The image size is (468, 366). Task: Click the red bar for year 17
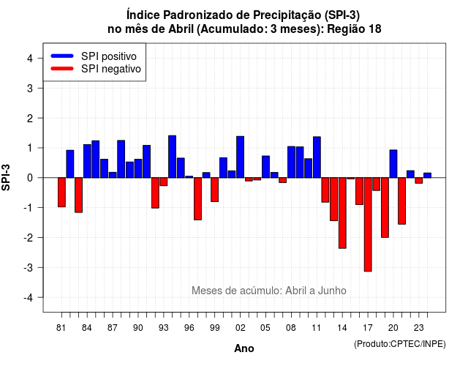368,225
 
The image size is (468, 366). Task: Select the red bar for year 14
342,213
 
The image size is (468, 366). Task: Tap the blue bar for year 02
241,157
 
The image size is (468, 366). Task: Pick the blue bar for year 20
393,164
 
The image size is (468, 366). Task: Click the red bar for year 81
61,192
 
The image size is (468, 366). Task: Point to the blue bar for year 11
317,157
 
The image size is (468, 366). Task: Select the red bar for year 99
214,190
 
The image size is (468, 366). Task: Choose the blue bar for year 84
87,161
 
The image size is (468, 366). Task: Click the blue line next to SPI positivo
62,56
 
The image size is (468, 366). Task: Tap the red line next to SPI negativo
62,68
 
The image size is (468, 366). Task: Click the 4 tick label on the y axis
30,59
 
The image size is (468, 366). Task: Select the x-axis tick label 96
189,328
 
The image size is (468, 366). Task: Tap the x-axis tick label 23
419,328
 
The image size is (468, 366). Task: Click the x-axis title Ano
244,348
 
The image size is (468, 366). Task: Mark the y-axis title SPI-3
6,177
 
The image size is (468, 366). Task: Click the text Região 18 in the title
354,29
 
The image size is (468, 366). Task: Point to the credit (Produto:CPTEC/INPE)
400,344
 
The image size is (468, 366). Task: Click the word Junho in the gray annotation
332,291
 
